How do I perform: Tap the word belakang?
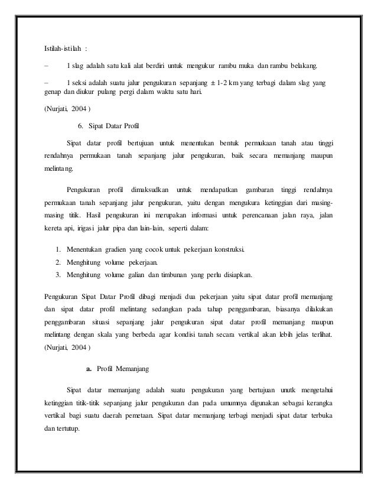[307, 64]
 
